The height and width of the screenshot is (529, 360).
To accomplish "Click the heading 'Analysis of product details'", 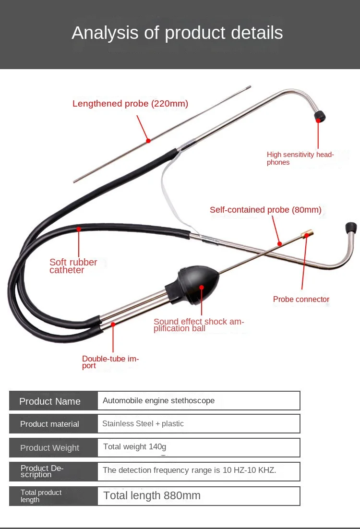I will [177, 33].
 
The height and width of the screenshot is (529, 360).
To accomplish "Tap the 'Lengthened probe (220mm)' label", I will [130, 104].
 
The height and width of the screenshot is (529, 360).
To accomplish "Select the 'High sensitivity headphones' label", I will [300, 158].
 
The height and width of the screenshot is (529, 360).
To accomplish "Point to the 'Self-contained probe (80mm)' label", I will [265, 210].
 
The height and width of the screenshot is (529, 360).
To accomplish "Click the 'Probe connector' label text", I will [301, 300].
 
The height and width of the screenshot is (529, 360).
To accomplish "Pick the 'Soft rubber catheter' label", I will [73, 266].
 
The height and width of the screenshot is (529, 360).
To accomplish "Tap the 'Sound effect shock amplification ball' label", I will [198, 325].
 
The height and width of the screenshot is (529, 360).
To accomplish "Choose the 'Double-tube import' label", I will [110, 362].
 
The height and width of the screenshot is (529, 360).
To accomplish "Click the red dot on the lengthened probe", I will [148, 141].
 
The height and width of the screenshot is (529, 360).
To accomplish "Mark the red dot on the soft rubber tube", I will [79, 229].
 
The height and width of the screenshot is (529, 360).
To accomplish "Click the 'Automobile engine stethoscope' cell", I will [158, 401].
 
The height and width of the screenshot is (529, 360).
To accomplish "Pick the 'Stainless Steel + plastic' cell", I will [143, 424].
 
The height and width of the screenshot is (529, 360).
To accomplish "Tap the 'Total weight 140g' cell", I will [134, 447].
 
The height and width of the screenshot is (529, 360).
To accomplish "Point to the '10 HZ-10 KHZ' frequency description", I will [249, 470].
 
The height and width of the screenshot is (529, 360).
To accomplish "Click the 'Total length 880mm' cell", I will [152, 496].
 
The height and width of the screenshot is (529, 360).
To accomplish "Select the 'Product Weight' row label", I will [49, 448].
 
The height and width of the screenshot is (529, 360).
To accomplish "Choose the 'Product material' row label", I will [49, 424].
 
